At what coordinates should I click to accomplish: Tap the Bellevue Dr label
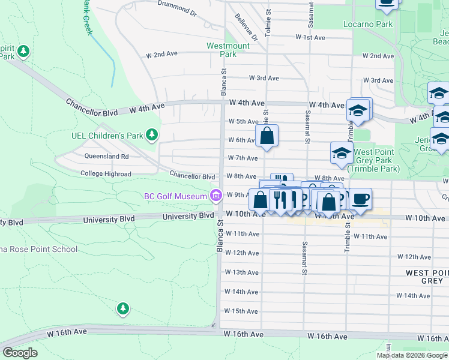pyautogui.click(x=246, y=27)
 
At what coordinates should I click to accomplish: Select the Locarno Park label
pyautogui.click(x=368, y=25)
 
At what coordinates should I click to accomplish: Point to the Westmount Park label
pyautogui.click(x=228, y=49)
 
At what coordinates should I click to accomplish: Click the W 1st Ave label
pyautogui.click(x=310, y=37)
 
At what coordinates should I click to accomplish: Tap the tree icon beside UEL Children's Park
pyautogui.click(x=152, y=135)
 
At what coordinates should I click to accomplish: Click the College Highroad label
pyautogui.click(x=106, y=174)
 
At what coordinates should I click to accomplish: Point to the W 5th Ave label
pyautogui.click(x=243, y=121)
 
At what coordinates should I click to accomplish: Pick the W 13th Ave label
pyautogui.click(x=241, y=272)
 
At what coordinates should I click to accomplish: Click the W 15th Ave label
pyautogui.click(x=241, y=311)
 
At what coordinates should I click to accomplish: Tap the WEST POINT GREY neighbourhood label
pyautogui.click(x=424, y=277)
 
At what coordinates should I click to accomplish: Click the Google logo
pyautogui.click(x=20, y=353)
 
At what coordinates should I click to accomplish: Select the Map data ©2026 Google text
pyautogui.click(x=411, y=355)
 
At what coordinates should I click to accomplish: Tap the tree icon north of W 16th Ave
pyautogui.click(x=123, y=308)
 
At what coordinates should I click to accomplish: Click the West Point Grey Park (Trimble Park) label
pyautogui.click(x=377, y=161)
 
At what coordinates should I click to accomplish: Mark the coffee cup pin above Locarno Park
pyautogui.click(x=387, y=4)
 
